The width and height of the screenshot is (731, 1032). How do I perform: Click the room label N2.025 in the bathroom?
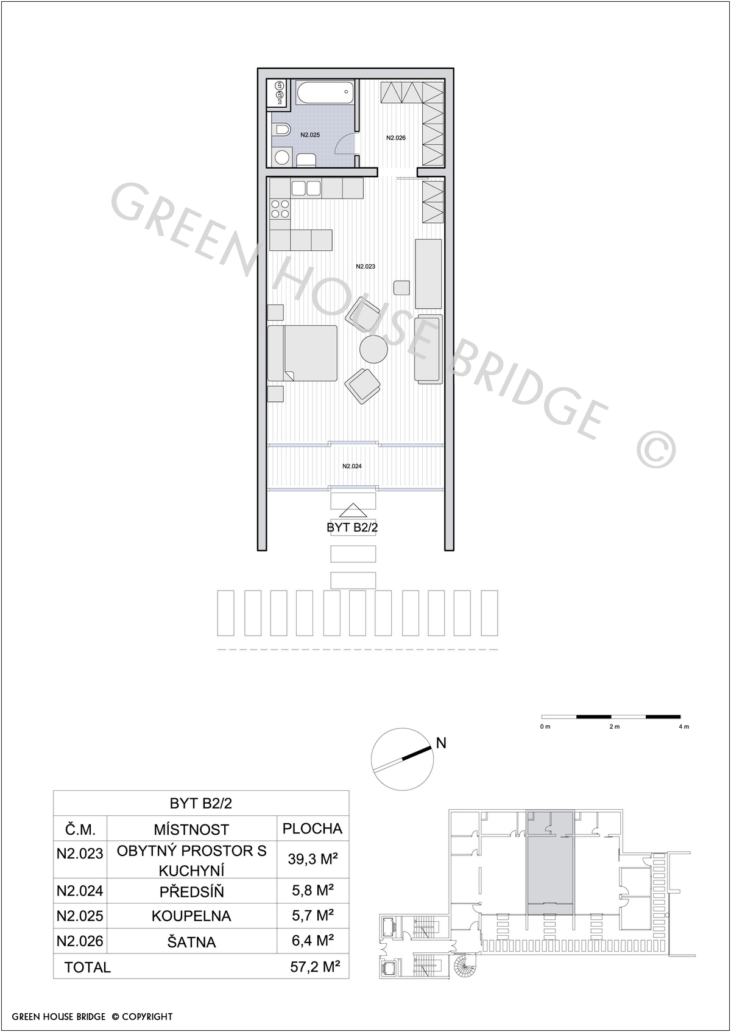click(x=309, y=135)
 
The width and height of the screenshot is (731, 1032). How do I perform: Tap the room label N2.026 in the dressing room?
click(x=395, y=137)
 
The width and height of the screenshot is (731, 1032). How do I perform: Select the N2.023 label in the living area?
click(x=365, y=266)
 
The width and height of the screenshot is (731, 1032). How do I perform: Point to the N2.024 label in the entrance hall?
click(x=351, y=466)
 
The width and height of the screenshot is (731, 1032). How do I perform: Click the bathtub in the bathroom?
click(x=325, y=94)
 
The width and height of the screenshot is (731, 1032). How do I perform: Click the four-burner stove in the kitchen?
click(x=280, y=209)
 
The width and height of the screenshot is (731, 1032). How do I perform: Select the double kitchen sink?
click(x=306, y=188)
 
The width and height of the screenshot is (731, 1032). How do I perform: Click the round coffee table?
click(x=373, y=349)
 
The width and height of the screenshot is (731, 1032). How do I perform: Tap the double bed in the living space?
click(x=302, y=353)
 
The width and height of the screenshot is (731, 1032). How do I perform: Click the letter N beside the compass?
click(x=441, y=743)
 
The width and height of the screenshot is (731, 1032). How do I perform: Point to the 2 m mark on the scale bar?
click(x=614, y=726)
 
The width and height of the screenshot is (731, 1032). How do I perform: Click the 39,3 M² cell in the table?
click(x=313, y=859)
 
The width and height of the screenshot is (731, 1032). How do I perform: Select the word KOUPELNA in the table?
click(x=191, y=916)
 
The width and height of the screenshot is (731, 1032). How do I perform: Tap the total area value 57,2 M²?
click(x=316, y=966)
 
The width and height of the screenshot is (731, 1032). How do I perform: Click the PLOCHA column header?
click(x=312, y=829)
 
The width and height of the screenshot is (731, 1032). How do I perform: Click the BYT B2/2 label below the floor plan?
click(x=352, y=527)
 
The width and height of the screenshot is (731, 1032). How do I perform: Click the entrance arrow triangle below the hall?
click(x=353, y=510)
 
